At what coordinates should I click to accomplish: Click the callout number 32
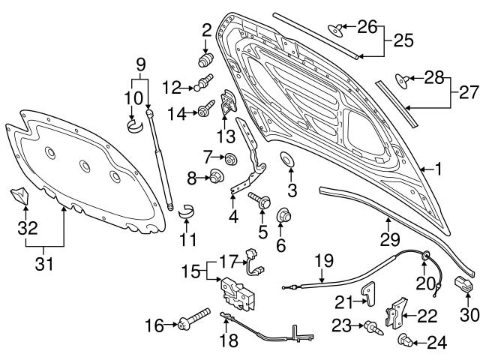tap(28, 228)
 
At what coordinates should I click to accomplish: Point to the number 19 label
tap(322, 262)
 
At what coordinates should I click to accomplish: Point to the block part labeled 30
tap(463, 285)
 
